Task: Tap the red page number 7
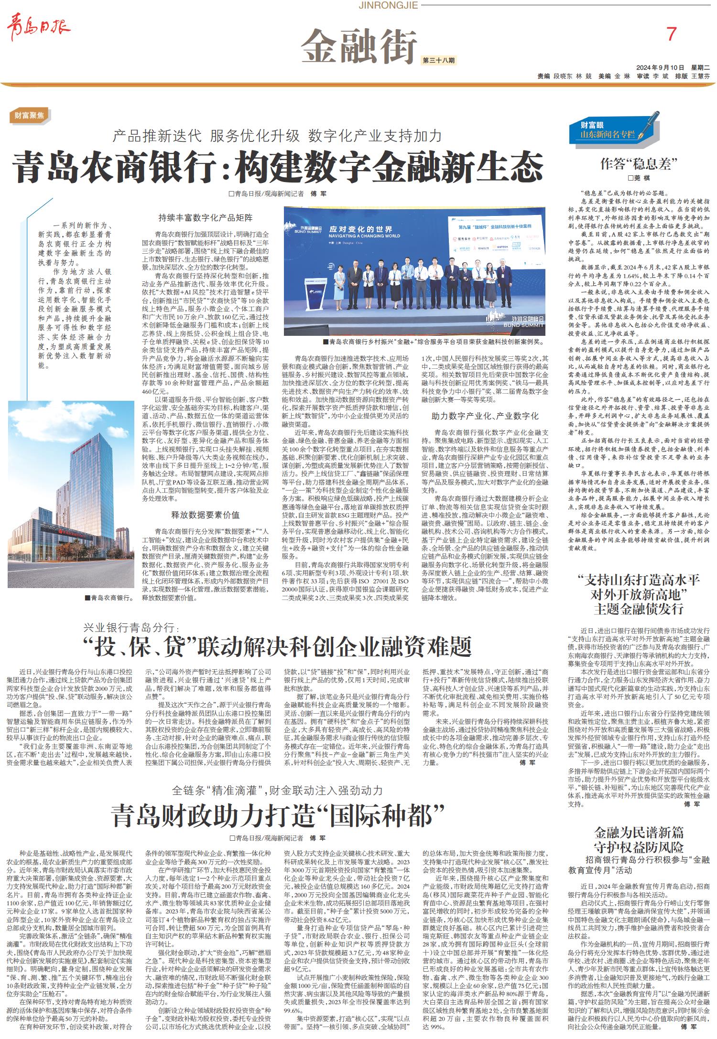coord(672,34)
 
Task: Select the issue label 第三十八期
coord(438,60)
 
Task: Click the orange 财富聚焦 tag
coord(29,115)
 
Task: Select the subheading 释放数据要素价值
coord(206,514)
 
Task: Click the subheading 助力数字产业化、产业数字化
coord(485,416)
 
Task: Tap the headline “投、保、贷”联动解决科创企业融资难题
coord(277,646)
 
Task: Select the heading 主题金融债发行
coord(639,609)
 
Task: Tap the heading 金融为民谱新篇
coord(639,833)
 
